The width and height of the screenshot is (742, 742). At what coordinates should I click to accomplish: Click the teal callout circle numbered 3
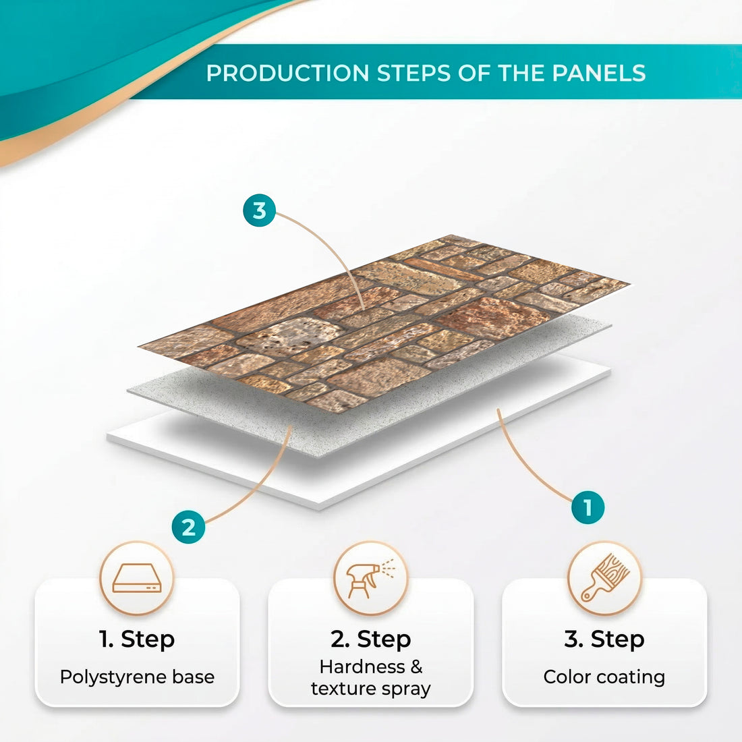coord(259,210)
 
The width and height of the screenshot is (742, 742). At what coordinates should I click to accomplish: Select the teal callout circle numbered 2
coord(188,526)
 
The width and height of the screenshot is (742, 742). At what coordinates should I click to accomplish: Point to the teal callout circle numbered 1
coord(588,507)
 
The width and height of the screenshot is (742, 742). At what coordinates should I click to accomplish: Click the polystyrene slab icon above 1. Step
coord(137,578)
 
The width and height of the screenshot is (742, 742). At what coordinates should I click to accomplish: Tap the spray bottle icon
coord(370,578)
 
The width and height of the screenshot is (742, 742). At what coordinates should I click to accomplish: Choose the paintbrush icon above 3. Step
coord(604,578)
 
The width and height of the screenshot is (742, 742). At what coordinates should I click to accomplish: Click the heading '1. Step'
coord(137,639)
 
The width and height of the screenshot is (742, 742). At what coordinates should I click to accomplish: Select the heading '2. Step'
coord(370,639)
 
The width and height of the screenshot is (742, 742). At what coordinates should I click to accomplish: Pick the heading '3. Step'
coord(604,639)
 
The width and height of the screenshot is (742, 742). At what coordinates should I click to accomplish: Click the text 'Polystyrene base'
coord(137,677)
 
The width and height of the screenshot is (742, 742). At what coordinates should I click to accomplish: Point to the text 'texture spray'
coord(370,689)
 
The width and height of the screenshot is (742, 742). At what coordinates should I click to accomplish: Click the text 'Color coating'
coord(604,677)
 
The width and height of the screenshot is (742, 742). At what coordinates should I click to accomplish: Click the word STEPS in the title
coord(413,73)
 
